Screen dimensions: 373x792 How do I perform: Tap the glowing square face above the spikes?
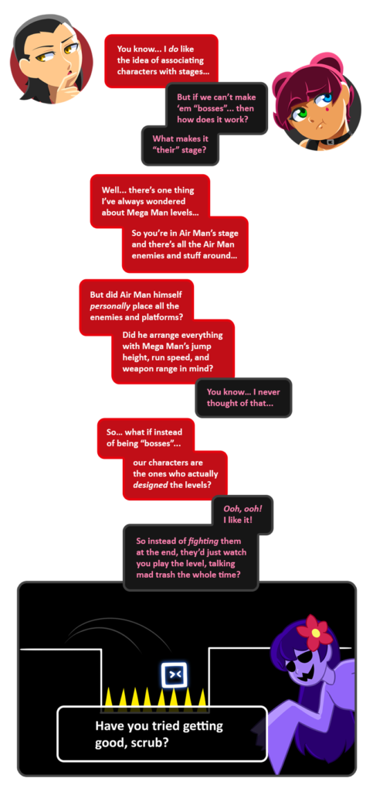pyautogui.click(x=174, y=674)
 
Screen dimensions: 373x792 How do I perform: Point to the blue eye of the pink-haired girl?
pyautogui.click(x=327, y=97)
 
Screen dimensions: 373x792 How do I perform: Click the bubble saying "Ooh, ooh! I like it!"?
pyautogui.click(x=242, y=514)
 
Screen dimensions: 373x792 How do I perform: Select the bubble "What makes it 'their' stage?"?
pyautogui.click(x=180, y=145)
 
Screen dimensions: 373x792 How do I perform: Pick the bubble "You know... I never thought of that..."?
pyautogui.click(x=243, y=398)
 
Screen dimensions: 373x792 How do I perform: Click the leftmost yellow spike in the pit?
pyautogui.click(x=110, y=696)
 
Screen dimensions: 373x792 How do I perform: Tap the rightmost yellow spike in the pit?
pyautogui.click(x=202, y=697)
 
